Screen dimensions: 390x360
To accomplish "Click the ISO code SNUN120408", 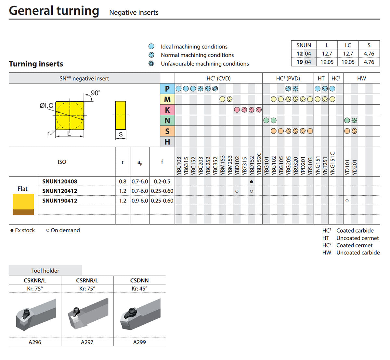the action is click(60, 181).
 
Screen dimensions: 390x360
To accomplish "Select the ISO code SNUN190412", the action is click(60, 200).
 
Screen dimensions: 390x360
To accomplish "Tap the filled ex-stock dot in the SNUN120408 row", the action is click(251, 182).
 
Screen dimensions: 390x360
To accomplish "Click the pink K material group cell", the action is click(167, 110).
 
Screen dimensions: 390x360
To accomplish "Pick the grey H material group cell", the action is click(167, 142).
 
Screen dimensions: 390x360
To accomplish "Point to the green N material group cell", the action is click(167, 121).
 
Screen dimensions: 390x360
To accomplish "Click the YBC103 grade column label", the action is click(178, 166).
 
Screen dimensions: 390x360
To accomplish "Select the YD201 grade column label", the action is click(354, 167).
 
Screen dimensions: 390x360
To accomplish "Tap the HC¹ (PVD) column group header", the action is click(288, 78).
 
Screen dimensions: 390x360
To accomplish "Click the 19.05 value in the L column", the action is click(327, 62).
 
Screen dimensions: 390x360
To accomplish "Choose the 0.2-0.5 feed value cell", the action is click(162, 181).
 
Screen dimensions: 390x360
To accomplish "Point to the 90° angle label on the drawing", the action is click(96, 93).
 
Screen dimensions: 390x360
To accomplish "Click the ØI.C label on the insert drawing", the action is click(46, 106).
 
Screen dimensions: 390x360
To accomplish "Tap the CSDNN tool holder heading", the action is click(139, 280).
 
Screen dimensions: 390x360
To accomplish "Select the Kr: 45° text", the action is click(139, 289).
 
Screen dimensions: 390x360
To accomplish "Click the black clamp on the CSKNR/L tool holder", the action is click(26, 314).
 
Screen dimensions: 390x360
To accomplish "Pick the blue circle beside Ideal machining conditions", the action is click(151, 46).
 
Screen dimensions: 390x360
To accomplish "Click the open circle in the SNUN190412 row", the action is click(347, 201).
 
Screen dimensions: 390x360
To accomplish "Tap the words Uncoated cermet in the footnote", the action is click(357, 238).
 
